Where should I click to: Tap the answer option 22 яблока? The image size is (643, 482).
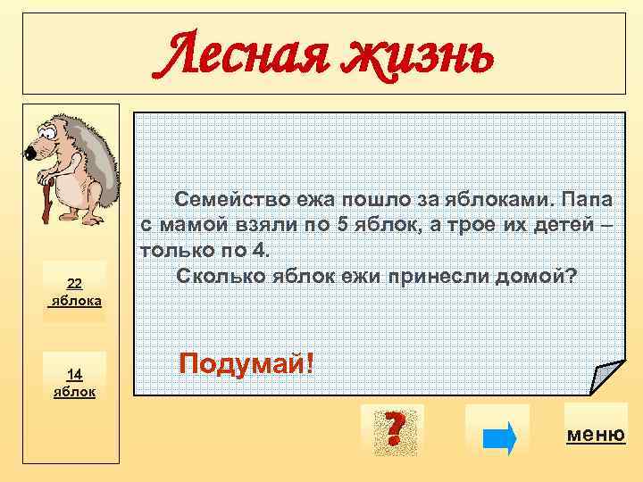[x=76, y=293]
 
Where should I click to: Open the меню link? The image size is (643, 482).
[x=595, y=435]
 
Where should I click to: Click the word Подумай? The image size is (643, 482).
[x=246, y=363]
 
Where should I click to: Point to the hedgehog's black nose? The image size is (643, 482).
[x=30, y=154]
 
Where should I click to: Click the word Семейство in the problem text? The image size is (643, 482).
[x=226, y=197]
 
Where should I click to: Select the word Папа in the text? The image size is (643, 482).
[x=593, y=197]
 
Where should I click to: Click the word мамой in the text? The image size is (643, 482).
[x=188, y=223]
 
